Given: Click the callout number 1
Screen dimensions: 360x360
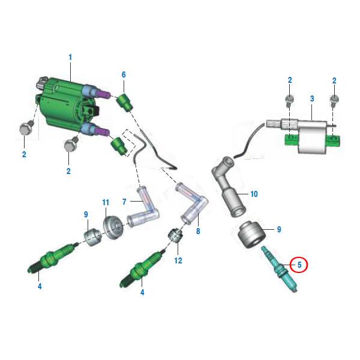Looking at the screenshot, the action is click(x=70, y=58).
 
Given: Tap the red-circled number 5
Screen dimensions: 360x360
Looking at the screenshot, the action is click(x=299, y=265).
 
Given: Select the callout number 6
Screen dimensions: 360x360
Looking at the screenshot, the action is click(x=124, y=74).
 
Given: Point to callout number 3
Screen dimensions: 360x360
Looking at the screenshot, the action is click(x=312, y=99).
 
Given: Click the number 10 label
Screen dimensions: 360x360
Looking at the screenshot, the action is click(x=254, y=194).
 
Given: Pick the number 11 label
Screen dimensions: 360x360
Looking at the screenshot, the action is click(x=106, y=203).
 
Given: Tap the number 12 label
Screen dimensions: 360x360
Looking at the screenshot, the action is click(x=178, y=260).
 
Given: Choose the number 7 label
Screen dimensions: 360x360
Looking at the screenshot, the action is click(x=124, y=202).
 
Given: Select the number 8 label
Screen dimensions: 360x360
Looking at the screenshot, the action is click(x=198, y=231).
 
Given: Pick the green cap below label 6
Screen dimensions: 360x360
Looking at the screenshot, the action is click(x=124, y=102).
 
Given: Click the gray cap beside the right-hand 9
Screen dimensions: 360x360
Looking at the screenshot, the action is click(x=251, y=235).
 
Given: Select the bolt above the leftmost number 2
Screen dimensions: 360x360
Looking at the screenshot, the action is click(x=26, y=128).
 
